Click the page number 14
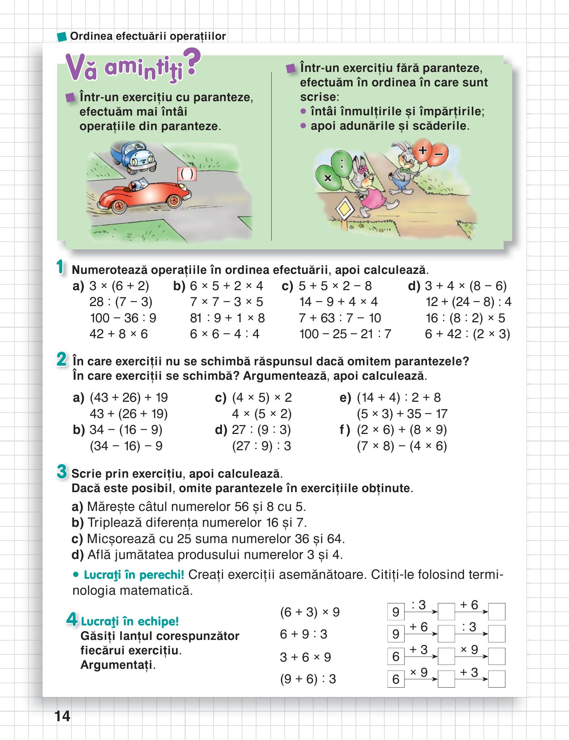(62, 715)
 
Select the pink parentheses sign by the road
(187, 174)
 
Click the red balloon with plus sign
(422, 150)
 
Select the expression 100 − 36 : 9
(123, 318)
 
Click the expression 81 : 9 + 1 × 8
(227, 318)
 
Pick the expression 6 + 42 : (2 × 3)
(467, 334)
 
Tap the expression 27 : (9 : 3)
(261, 430)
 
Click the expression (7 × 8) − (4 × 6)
(402, 446)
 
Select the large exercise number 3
(62, 472)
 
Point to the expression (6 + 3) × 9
(310, 612)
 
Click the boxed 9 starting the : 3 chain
(396, 612)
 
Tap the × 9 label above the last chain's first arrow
(419, 672)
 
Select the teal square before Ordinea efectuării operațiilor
(62, 36)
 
